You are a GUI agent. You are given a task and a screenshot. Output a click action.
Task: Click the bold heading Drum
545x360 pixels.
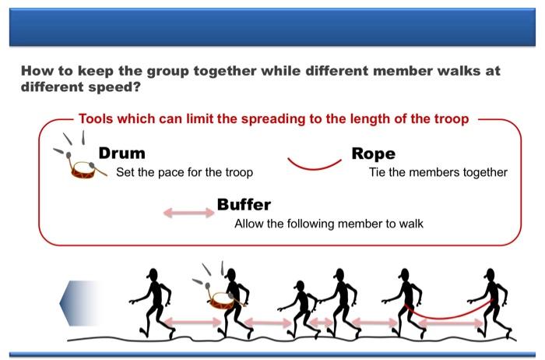[121, 154]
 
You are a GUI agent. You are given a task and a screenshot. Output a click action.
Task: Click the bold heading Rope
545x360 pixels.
[373, 154]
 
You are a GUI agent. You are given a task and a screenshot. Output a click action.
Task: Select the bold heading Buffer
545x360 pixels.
[244, 205]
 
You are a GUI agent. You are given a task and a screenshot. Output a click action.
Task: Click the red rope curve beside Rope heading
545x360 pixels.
[315, 164]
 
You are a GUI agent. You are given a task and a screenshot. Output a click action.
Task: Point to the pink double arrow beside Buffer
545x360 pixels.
[188, 212]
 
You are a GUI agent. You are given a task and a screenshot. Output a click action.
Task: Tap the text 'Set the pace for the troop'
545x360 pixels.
[184, 172]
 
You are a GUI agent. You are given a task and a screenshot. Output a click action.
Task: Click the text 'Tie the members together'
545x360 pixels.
[438, 172]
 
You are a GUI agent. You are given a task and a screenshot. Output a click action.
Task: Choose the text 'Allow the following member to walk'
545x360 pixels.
[329, 224]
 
